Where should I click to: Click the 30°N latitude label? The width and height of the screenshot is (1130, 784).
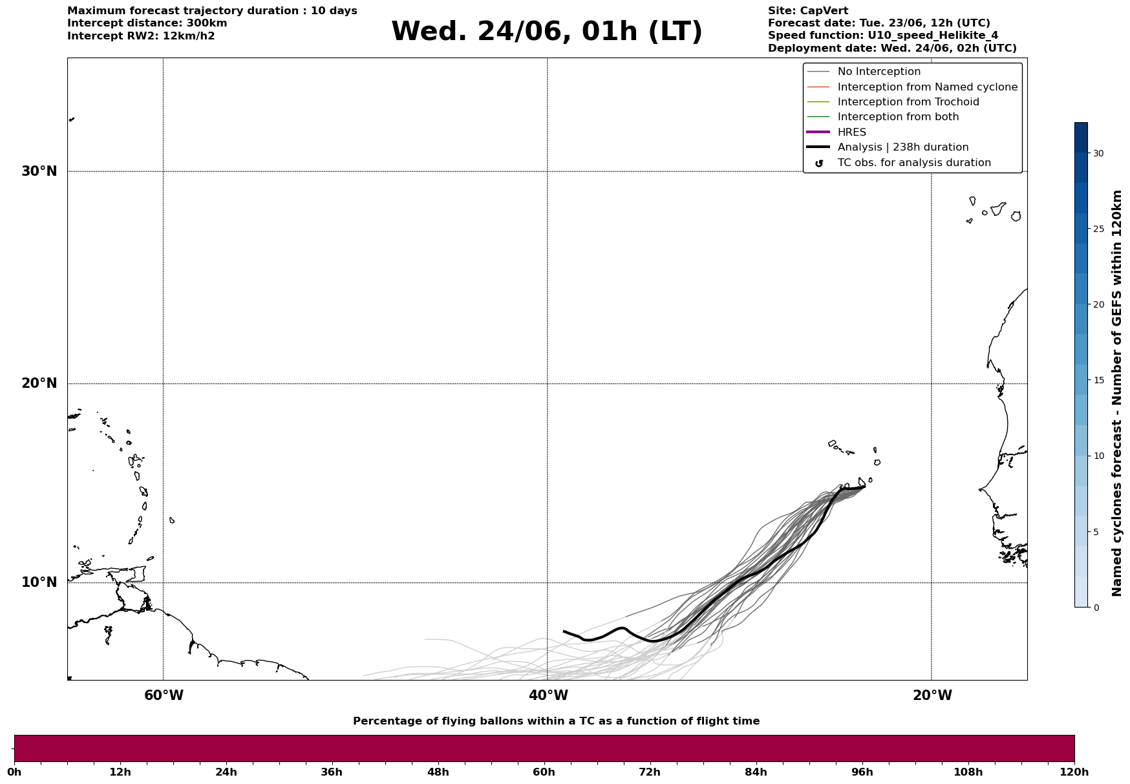coord(39,171)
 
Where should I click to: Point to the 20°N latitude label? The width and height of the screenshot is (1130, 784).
coord(39,383)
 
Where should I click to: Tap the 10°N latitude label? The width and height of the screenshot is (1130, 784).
coord(39,582)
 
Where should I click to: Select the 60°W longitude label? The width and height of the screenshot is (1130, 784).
coord(164,695)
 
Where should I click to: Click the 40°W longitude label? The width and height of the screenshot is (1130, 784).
coord(548,695)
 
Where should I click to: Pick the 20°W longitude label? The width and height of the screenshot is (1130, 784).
coord(932,695)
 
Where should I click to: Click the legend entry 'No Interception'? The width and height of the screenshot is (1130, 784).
coord(879,72)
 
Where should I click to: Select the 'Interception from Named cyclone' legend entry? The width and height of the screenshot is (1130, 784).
coord(928,87)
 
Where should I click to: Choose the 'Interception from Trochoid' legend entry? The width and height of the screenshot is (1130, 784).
coord(908,102)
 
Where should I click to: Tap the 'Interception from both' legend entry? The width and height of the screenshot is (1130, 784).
coord(899,117)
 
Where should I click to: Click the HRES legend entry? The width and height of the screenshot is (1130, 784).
coord(852,132)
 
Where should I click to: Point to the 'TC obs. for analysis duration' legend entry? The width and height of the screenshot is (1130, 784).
coord(914,163)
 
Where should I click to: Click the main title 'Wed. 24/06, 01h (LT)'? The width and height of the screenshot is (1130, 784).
coord(547,32)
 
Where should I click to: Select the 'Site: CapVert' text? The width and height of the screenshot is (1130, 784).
coord(808,11)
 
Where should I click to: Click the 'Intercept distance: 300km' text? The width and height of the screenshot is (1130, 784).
coord(147,23)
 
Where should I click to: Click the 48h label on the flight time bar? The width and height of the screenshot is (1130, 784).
coord(438,772)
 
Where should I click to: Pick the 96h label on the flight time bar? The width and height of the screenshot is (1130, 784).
coord(862,772)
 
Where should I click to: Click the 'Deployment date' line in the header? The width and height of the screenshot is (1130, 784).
coord(892,48)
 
